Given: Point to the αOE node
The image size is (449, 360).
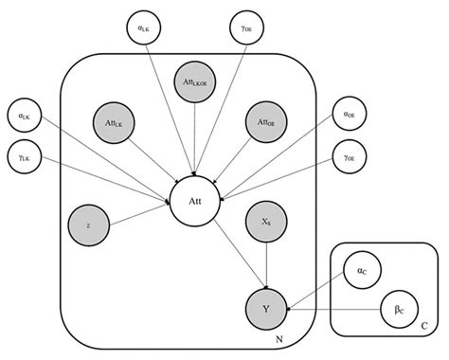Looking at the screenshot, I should [x=350, y=116].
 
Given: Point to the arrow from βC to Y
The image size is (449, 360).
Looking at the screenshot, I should [x=341, y=307].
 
